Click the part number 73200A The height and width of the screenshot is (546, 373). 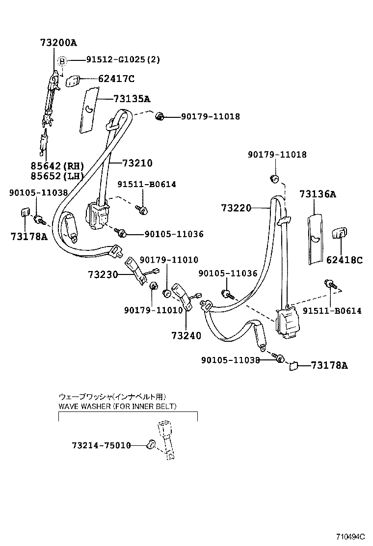pos(58,43)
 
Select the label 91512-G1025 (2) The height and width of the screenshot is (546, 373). pos(123,59)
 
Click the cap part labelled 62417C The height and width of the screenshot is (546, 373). pos(72,81)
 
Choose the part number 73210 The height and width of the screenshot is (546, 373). pos(137,163)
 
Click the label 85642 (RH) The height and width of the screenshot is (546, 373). pos(57,166)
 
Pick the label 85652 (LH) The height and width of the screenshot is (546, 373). pos(57,176)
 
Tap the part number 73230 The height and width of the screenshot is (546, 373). pos(103,275)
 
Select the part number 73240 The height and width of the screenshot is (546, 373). pos(186,336)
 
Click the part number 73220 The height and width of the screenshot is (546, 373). pos(236,208)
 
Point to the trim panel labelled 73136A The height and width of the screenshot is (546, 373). pos(316,240)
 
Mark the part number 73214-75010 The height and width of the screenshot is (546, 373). pos(102,445)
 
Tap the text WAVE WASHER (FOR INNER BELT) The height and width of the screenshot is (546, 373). pos(118,406)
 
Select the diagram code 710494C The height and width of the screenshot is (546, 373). pos(350,536)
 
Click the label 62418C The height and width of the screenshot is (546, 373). pos(345,260)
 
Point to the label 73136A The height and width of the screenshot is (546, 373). pos(318,194)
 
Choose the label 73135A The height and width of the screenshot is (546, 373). pos(132,99)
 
